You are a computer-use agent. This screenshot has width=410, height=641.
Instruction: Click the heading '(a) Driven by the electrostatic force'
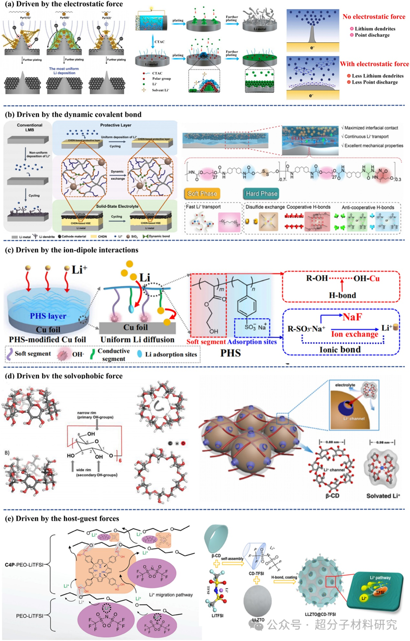click(63, 4)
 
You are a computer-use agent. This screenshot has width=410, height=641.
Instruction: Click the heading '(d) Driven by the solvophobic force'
click(62, 376)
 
